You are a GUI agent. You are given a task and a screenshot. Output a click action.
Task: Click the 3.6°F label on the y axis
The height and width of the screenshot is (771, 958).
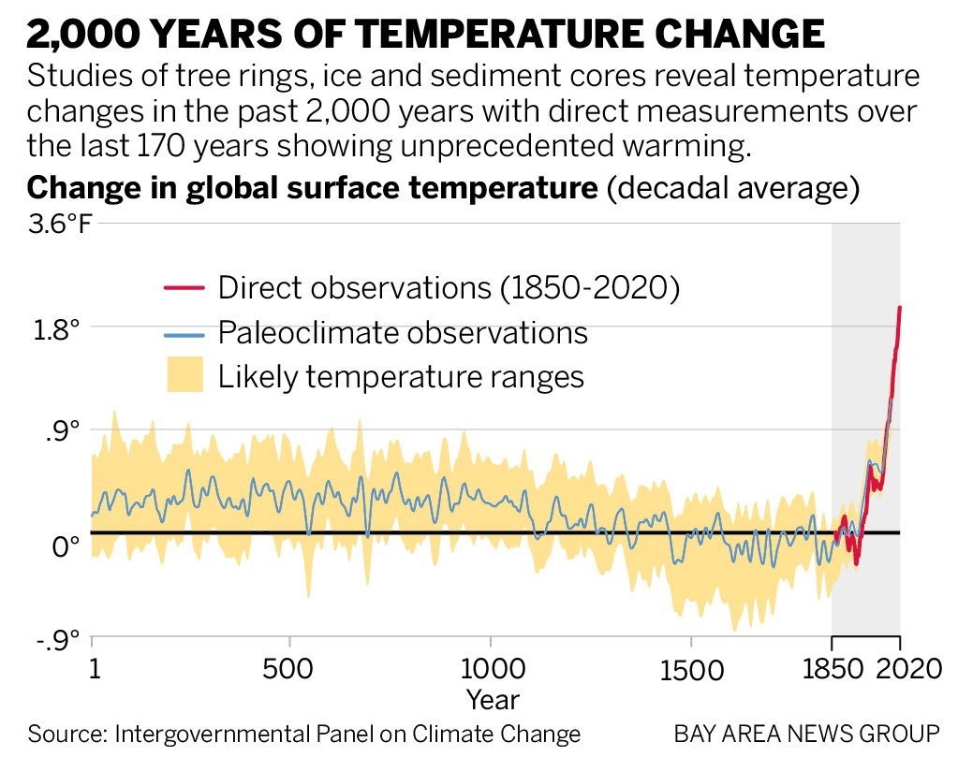pyautogui.click(x=61, y=225)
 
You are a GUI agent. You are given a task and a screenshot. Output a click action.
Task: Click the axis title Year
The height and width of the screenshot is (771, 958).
pyautogui.click(x=494, y=699)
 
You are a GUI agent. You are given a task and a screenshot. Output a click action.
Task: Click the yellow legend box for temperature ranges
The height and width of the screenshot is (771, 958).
pyautogui.click(x=184, y=376)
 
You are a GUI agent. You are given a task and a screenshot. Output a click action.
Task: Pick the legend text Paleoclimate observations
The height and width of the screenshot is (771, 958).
pyautogui.click(x=403, y=332)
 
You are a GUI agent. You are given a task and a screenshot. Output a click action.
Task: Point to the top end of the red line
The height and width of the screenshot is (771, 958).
pyautogui.click(x=900, y=308)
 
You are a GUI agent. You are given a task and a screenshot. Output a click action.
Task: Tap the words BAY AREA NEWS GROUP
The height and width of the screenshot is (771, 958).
pyautogui.click(x=806, y=734)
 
